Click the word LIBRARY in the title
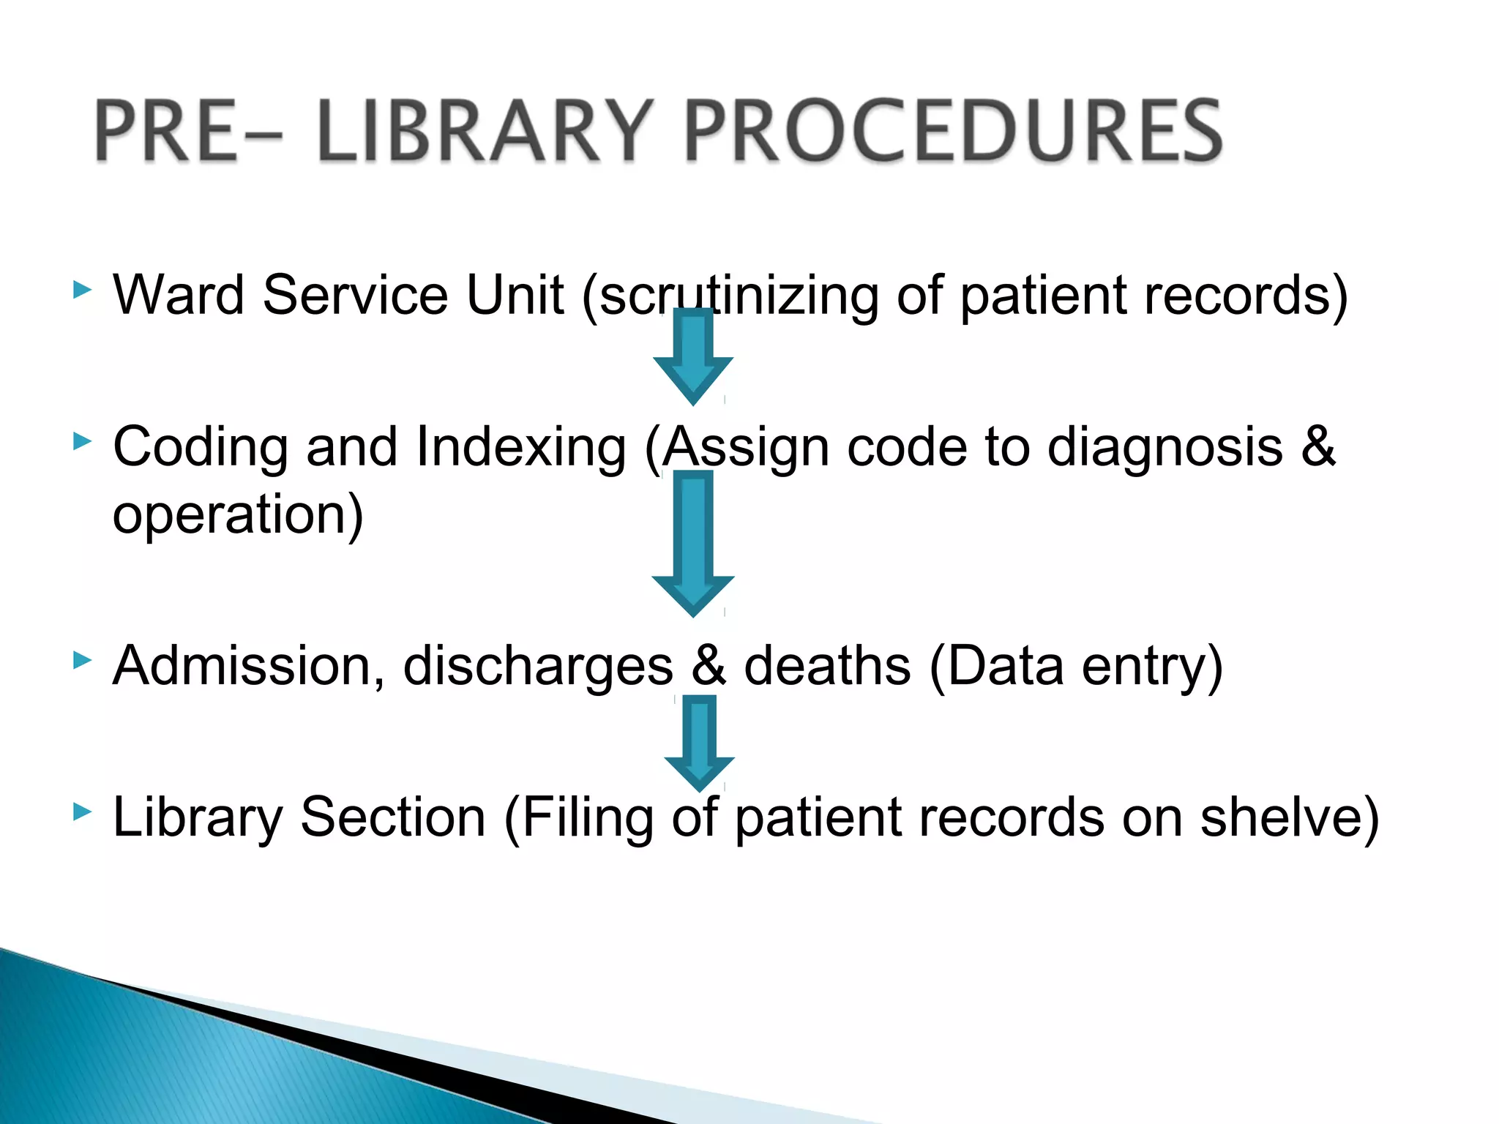tap(483, 132)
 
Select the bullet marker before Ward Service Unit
tap(83, 291)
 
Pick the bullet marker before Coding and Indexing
tap(83, 441)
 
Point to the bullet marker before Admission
tap(83, 661)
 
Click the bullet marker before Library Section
tap(83, 812)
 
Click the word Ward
tap(179, 295)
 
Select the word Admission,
tap(249, 666)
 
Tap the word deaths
tap(827, 666)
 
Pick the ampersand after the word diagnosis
tap(1318, 446)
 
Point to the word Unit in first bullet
tap(515, 295)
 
